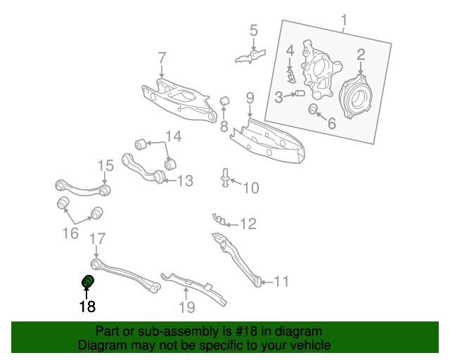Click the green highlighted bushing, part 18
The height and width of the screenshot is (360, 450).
(x=89, y=283)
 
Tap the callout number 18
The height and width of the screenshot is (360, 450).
(x=86, y=306)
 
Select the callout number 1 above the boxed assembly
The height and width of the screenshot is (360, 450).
(x=344, y=20)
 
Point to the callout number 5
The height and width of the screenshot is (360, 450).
(x=253, y=30)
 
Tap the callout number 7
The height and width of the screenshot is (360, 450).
(x=162, y=57)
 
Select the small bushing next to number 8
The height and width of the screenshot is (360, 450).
(x=226, y=102)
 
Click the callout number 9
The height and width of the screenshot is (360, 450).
(x=249, y=97)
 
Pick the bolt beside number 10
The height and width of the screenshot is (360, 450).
(x=226, y=179)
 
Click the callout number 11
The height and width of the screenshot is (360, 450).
(x=281, y=282)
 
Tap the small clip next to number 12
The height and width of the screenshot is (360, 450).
(x=219, y=221)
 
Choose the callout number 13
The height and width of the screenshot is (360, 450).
(x=184, y=181)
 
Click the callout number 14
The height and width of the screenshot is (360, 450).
(x=173, y=136)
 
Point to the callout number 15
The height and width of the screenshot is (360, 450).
(x=105, y=166)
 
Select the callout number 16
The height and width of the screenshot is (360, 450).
(x=70, y=233)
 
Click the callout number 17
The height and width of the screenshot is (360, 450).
(x=97, y=238)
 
